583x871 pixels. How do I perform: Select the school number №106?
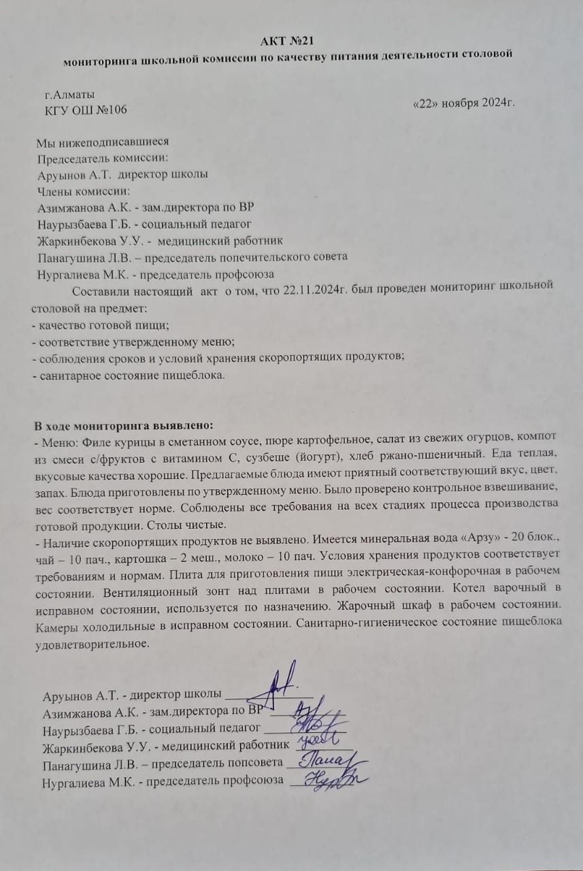pos(109,110)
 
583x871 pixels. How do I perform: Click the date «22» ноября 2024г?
pos(463,103)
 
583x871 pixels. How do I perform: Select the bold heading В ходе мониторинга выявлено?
pos(124,426)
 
